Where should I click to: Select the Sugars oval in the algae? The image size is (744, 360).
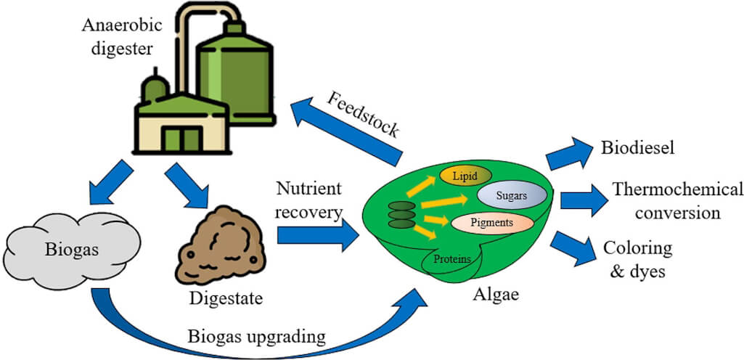coord(512,196)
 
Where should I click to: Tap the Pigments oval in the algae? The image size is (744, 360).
coord(492,222)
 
